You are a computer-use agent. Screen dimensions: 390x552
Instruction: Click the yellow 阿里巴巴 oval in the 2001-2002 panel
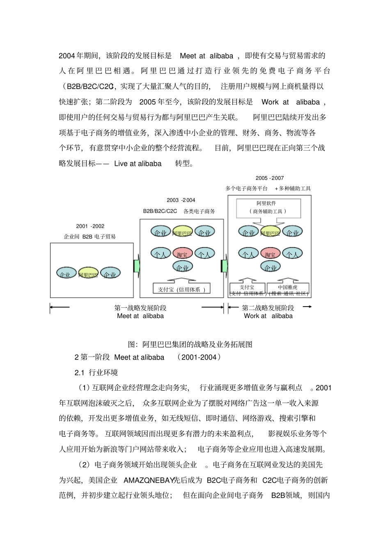(x=88, y=274)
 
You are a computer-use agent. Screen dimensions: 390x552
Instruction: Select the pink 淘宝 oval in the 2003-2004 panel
(x=182, y=254)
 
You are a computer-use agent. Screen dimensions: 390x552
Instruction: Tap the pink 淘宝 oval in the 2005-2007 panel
(x=270, y=254)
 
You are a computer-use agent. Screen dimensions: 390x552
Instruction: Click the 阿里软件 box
(x=268, y=208)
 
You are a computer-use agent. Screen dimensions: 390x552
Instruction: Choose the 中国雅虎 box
(x=288, y=290)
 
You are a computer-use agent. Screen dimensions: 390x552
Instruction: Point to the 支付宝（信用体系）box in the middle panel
(x=181, y=289)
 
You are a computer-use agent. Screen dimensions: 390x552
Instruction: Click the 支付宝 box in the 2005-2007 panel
(x=247, y=290)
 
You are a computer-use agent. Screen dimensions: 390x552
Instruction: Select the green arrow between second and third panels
(x=225, y=266)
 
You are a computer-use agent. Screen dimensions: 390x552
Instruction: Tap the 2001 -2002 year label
(x=90, y=226)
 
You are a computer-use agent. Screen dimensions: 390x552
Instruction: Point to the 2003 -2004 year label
(x=181, y=200)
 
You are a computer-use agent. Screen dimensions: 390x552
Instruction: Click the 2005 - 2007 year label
(x=270, y=178)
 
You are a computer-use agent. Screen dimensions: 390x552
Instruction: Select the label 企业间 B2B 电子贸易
(x=90, y=236)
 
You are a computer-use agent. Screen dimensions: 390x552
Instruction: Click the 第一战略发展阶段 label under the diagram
(x=140, y=308)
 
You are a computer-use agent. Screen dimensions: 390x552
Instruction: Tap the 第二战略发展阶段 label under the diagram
(x=268, y=308)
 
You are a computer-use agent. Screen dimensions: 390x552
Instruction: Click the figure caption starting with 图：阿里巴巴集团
(x=190, y=344)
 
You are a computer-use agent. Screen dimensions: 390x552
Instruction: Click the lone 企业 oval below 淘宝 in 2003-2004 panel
(x=183, y=268)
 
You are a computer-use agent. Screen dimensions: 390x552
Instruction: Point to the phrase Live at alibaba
(x=138, y=164)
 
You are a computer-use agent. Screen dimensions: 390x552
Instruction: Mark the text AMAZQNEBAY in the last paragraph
(x=148, y=480)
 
